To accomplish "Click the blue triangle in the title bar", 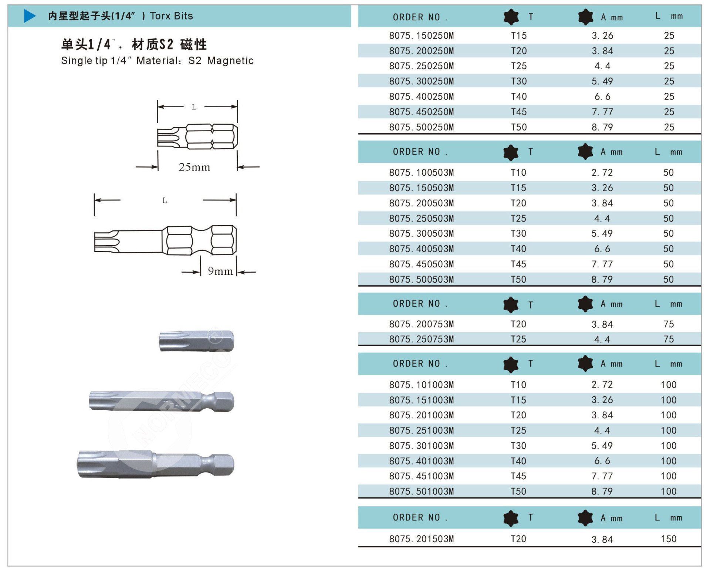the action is [x=30, y=16].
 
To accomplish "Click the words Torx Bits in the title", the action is [x=171, y=16].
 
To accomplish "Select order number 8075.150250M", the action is [x=422, y=36].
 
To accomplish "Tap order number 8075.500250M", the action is [x=422, y=127].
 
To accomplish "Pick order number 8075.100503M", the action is [x=422, y=173].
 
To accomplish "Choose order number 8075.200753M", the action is [x=422, y=324].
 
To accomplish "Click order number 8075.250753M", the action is [x=422, y=339].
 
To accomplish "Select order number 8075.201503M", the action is [x=422, y=539].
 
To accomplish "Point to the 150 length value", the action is [x=669, y=539].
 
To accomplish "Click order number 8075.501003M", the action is [x=422, y=492].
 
